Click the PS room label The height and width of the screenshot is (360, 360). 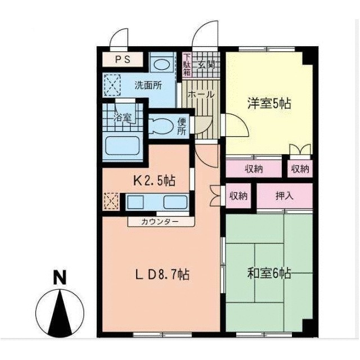[x=123, y=59]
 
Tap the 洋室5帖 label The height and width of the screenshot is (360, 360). [x=269, y=103]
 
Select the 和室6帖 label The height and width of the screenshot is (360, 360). [x=269, y=273]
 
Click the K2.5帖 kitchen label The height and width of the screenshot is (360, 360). [x=155, y=181]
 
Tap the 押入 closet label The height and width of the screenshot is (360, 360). [x=285, y=196]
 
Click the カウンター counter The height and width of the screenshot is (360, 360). [x=161, y=222]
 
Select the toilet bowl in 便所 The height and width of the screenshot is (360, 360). [x=161, y=126]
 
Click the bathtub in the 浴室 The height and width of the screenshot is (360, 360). [x=123, y=146]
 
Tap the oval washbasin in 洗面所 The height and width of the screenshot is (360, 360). [x=162, y=65]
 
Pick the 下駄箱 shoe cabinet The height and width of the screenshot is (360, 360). [x=187, y=65]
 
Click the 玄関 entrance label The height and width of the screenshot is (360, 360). [x=206, y=65]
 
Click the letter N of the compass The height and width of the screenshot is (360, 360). [x=60, y=277]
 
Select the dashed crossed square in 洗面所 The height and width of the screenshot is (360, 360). [x=112, y=85]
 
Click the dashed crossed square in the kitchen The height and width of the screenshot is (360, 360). [x=111, y=201]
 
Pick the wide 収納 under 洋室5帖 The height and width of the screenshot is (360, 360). [x=254, y=169]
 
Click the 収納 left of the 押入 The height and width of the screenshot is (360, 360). [x=238, y=196]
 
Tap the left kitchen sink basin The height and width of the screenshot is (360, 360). [x=136, y=202]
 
